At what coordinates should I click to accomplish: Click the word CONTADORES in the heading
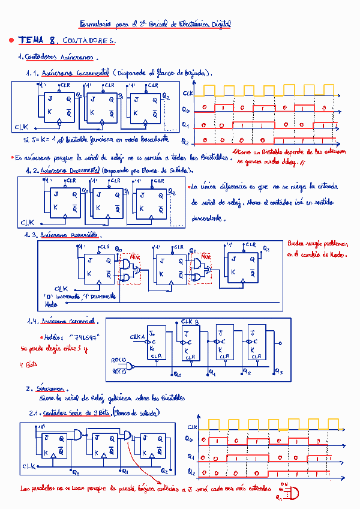pyautogui.click(x=89, y=41)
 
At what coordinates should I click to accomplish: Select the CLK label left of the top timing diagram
pyautogui.click(x=188, y=94)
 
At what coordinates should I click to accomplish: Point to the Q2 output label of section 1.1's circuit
pyautogui.click(x=166, y=96)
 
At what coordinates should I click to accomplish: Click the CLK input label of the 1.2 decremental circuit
pyautogui.click(x=27, y=222)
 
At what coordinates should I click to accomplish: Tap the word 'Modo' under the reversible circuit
pyautogui.click(x=52, y=304)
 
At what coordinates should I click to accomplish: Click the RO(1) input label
pyautogui.click(x=119, y=360)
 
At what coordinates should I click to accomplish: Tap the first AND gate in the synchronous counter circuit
pyautogui.click(x=79, y=435)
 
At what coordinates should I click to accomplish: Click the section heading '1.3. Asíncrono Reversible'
pyautogui.click(x=63, y=235)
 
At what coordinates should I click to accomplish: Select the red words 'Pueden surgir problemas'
pyautogui.click(x=317, y=244)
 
